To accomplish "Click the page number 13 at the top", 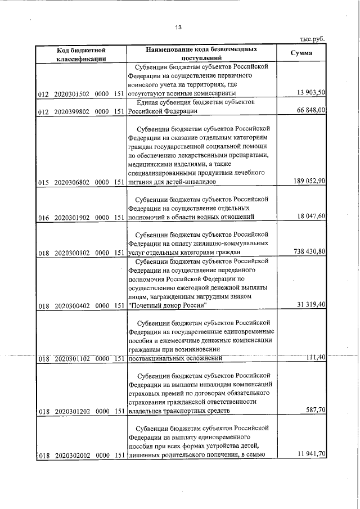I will click(x=179, y=27).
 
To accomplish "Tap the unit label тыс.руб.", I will click(x=312, y=39).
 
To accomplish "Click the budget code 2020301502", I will click(x=72, y=93).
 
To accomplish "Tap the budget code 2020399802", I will click(x=72, y=111).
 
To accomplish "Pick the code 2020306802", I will click(x=72, y=182).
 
